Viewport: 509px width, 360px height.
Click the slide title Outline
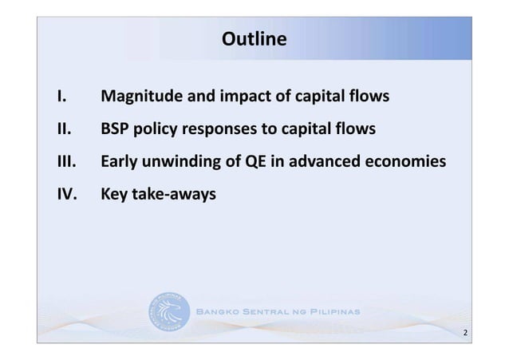(x=254, y=38)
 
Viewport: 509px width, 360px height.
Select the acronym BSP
(x=116, y=129)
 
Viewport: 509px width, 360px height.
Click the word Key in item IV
(x=114, y=192)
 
